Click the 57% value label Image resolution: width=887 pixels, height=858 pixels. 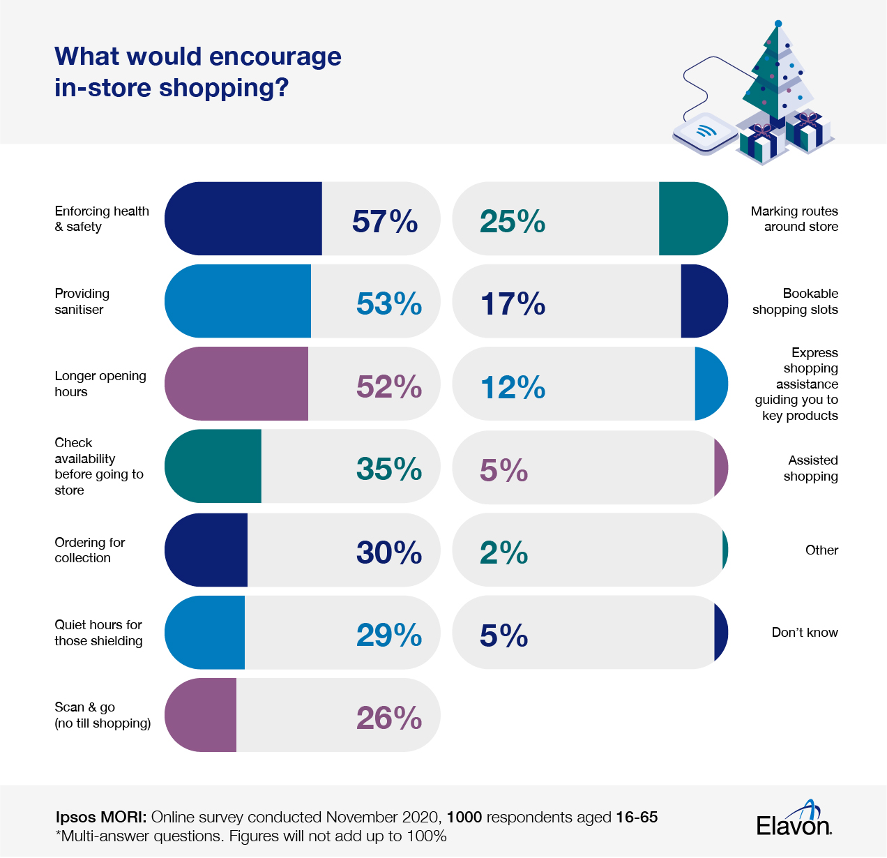point(385,221)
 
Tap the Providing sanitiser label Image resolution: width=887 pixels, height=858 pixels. point(82,301)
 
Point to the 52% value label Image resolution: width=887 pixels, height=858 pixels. point(389,386)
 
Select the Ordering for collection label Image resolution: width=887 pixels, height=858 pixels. point(89,550)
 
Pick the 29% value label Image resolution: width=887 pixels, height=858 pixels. point(389,635)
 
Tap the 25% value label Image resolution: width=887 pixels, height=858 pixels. point(513,221)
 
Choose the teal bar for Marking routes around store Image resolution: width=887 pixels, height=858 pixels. point(692,219)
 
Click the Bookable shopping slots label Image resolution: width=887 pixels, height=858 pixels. point(795,301)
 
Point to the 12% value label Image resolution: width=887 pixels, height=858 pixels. point(513,387)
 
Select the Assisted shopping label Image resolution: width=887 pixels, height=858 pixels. point(811,468)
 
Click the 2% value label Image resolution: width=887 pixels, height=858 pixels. point(503,552)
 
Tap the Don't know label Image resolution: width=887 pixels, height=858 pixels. point(805,632)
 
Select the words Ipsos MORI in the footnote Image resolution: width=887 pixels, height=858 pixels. point(100,817)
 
